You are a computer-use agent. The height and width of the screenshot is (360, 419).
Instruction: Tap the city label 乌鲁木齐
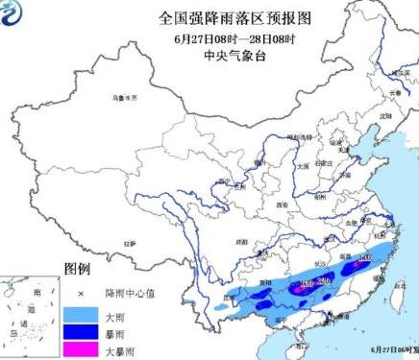click(124, 98)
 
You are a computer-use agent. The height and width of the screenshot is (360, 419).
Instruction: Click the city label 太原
click(303, 165)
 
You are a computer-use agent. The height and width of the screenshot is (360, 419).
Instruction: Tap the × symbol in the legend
click(83, 292)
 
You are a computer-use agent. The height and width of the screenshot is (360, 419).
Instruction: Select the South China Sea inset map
click(29, 318)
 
